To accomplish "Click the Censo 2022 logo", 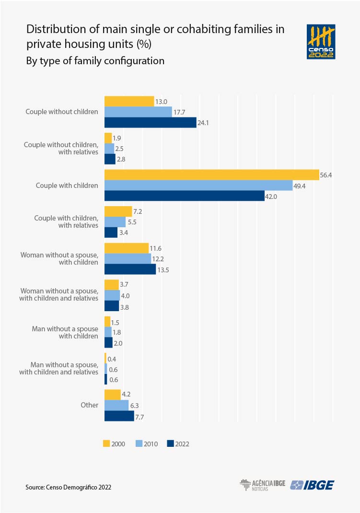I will [321, 42].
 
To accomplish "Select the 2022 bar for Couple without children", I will [151, 123].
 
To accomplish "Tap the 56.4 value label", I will [326, 175].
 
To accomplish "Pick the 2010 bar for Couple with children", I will [198, 186].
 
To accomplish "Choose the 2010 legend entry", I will [146, 443].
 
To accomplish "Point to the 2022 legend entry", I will [178, 443].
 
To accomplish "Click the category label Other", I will [89, 405].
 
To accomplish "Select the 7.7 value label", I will [139, 417].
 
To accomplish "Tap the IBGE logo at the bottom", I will [313, 485].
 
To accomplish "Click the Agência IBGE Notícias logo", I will [262, 485].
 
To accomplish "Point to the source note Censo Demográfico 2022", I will [69, 487].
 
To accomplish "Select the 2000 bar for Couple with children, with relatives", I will [118, 211].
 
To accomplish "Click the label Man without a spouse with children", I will [65, 332].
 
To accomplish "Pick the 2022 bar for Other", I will [119, 416].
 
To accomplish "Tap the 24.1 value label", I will [204, 123].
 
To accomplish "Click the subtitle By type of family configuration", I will [95, 61].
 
